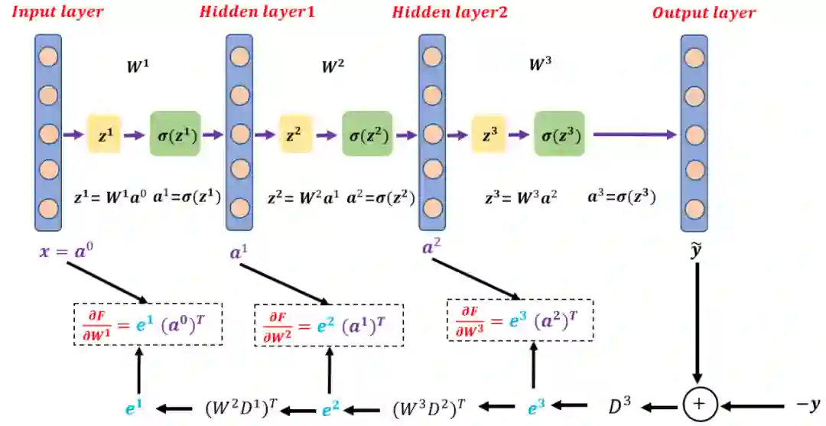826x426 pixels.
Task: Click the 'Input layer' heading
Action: pos(57,12)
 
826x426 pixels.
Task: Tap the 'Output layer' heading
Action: pos(703,13)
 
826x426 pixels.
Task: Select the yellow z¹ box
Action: pos(104,135)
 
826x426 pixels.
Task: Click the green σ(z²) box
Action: pos(367,135)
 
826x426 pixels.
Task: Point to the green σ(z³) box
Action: pos(559,135)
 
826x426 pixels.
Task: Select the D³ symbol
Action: pos(620,405)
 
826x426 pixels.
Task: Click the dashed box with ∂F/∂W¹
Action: pos(148,324)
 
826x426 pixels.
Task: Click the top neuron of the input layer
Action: pos(48,57)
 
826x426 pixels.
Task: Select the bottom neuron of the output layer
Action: pos(694,208)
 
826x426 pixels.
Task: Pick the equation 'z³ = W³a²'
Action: pos(521,197)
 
